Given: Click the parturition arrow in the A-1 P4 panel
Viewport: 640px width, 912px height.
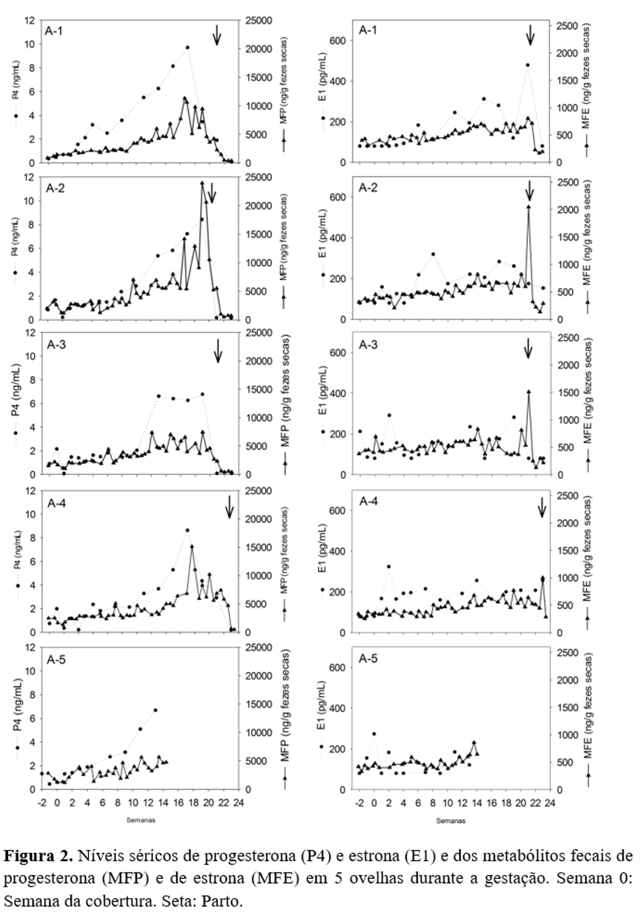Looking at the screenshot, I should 217,35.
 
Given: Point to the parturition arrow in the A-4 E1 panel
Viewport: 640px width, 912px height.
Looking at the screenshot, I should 542,507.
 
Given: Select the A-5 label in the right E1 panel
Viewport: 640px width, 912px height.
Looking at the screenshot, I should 368,659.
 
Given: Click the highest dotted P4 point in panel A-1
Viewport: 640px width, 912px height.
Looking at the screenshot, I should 188,47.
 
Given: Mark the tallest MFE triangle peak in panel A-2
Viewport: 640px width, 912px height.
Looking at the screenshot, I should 528,206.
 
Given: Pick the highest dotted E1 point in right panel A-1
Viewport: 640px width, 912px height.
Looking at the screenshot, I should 528,65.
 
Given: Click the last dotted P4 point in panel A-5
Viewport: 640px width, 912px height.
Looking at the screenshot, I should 155,710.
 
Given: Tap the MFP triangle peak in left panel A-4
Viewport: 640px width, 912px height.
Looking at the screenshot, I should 192,546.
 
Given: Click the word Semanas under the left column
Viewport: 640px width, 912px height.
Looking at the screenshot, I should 140,820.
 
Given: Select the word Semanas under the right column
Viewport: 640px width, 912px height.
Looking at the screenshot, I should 450,820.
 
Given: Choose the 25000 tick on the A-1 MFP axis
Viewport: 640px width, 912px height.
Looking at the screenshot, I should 259,21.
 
